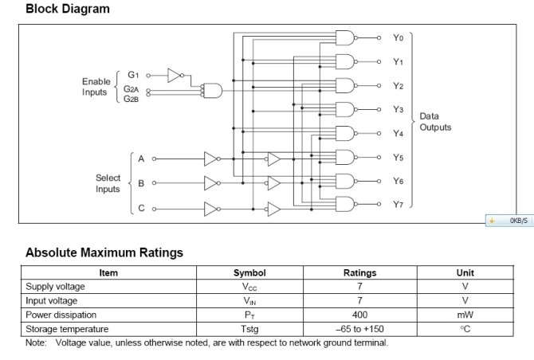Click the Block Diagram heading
coord(68,10)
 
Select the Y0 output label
coord(398,37)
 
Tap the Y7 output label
coord(398,205)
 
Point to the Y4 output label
coord(398,133)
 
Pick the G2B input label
coord(132,99)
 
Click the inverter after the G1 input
coord(175,76)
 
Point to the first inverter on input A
coord(210,158)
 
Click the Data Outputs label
coord(435,122)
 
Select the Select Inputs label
coord(108,183)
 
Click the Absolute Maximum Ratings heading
coord(104,252)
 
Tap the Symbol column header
coord(249,272)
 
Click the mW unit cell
coord(465,315)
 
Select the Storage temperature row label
coord(66,329)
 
